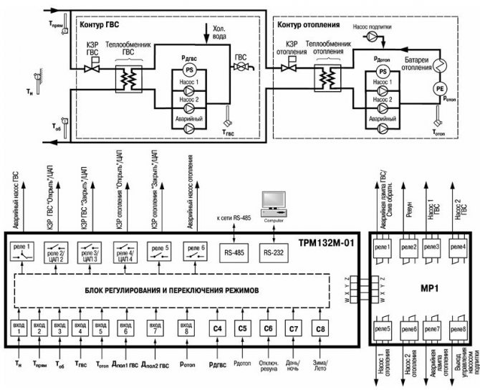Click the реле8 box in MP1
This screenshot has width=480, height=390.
(x=459, y=330)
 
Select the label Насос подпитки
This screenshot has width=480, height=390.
(x=373, y=27)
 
